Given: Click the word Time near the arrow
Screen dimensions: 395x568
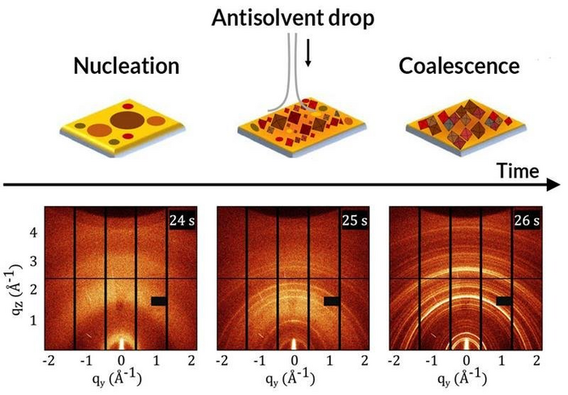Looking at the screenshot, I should (518, 170).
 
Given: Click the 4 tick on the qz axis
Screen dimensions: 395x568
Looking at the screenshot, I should (34, 232).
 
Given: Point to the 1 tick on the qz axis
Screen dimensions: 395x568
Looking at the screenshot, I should (34, 320).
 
